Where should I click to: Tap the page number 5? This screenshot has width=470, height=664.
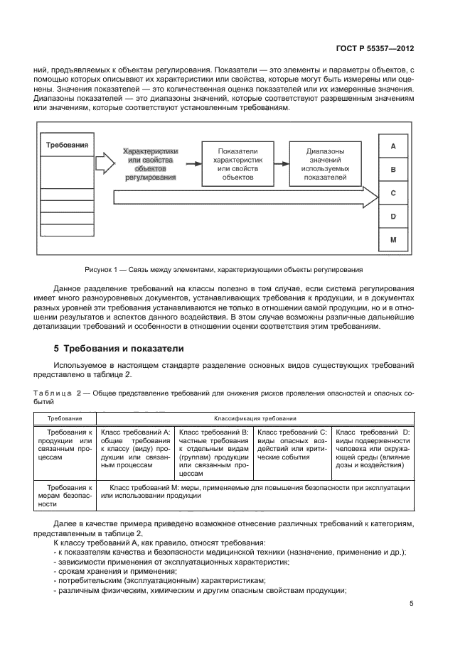point(412,604)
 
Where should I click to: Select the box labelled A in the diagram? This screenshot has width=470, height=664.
point(393,146)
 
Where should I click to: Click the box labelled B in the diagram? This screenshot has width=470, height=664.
point(393,170)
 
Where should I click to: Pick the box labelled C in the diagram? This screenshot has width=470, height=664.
point(393,193)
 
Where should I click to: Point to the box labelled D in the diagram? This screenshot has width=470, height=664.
point(393,217)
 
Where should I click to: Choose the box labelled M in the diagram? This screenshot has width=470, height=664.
point(393,240)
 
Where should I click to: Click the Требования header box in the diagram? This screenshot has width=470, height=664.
point(67,145)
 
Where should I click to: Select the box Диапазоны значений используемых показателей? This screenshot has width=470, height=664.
point(325,164)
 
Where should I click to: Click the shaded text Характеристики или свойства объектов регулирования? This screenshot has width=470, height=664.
point(150,165)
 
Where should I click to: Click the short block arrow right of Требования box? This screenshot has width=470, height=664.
point(104,163)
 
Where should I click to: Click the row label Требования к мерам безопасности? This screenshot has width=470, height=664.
point(70,496)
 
